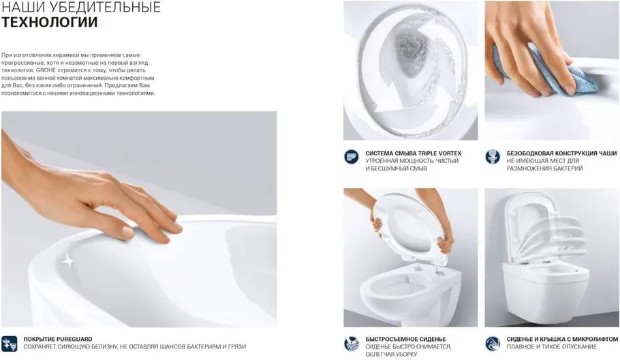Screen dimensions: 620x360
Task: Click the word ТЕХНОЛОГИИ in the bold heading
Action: coord(50,22)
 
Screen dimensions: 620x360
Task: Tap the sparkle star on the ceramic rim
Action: coord(68,261)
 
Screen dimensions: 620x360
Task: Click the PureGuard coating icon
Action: coord(9,344)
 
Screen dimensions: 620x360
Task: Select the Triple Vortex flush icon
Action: coord(351,157)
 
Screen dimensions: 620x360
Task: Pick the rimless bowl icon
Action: coord(493,157)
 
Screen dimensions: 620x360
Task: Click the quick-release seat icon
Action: coord(351,344)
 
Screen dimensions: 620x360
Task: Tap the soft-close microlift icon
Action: coord(493,344)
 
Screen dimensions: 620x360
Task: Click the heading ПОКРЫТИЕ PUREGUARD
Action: coord(58,339)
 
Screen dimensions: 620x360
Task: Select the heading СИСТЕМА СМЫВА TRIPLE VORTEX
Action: coord(413,153)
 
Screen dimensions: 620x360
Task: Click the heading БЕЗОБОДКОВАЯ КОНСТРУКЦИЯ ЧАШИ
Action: coord(562,153)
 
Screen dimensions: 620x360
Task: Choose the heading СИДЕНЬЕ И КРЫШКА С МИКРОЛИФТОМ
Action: coord(562,339)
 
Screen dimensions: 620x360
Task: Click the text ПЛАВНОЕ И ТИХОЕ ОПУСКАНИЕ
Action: coord(552,346)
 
